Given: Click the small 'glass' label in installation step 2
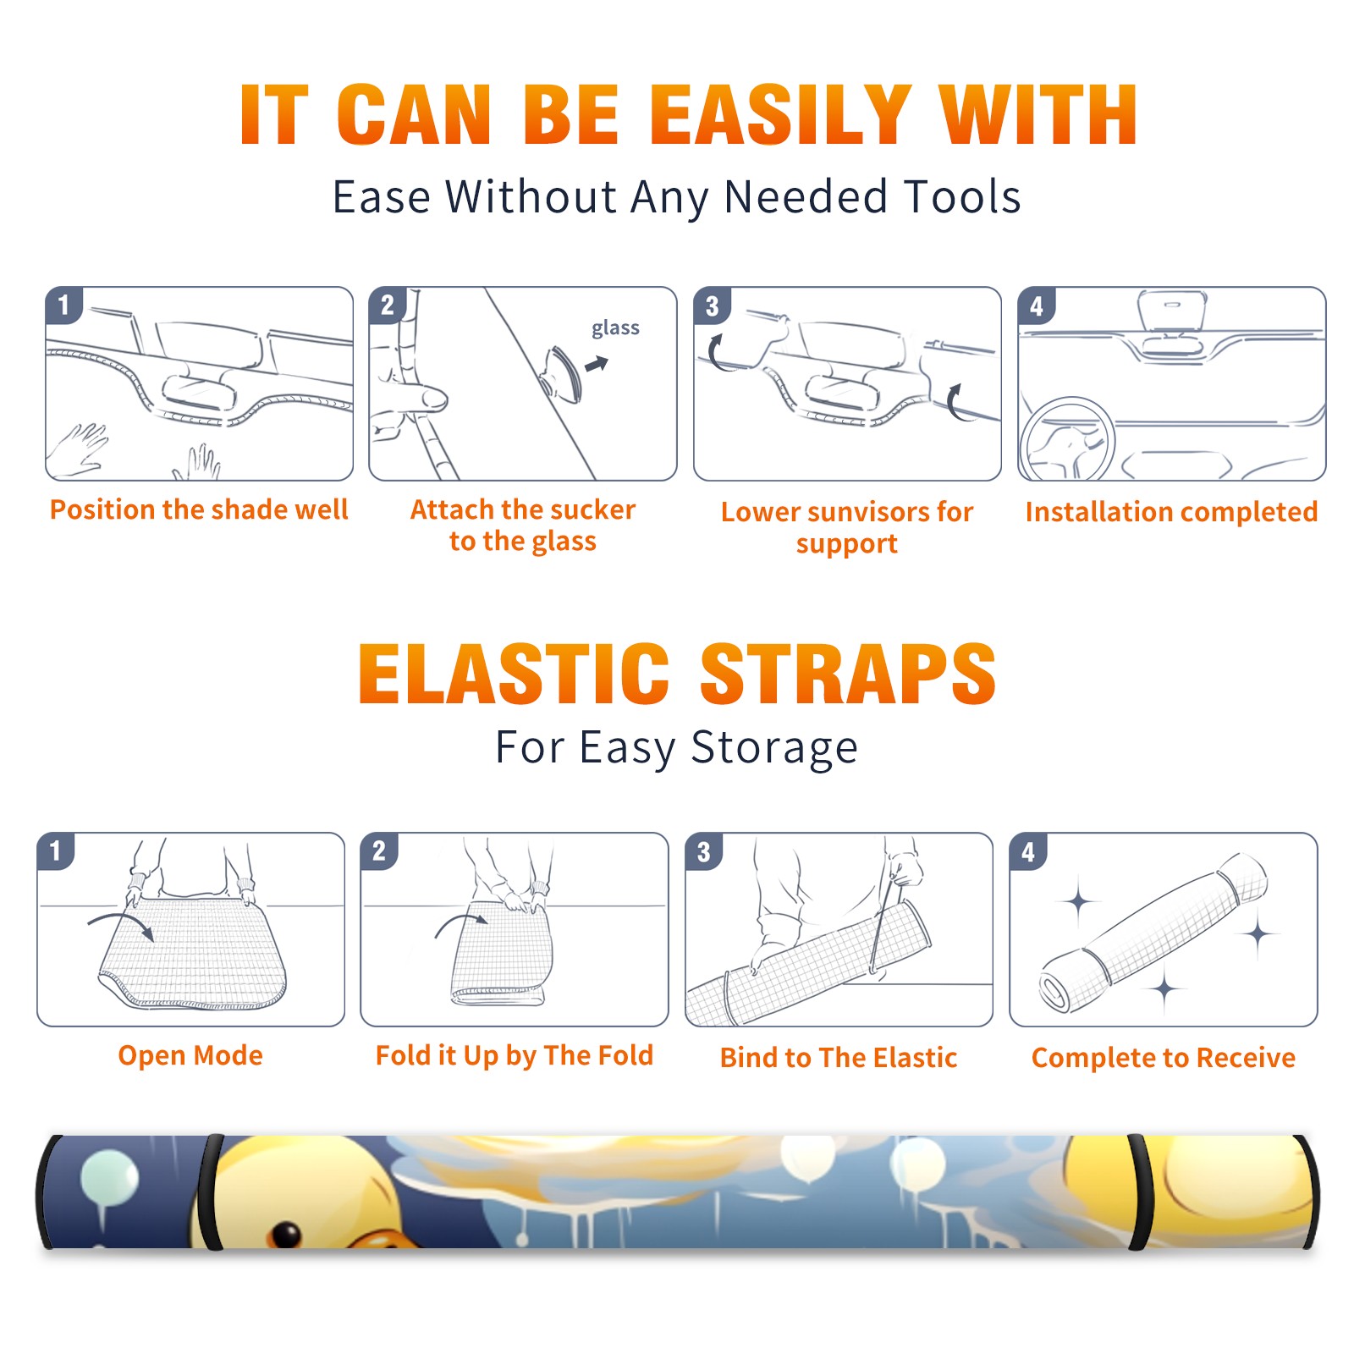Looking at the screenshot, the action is click(x=615, y=328).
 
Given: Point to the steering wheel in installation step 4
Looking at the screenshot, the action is click(x=1067, y=438).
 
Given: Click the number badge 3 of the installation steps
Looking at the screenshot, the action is click(x=712, y=305).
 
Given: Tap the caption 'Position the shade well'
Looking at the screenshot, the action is click(x=199, y=509).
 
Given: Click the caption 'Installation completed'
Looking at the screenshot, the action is click(x=1171, y=511).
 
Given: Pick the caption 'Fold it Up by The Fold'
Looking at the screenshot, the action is click(x=515, y=1056).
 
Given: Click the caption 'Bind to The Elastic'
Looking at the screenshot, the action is click(x=839, y=1058).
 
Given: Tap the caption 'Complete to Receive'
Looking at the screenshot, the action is click(x=1164, y=1058).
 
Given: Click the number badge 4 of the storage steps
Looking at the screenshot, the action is click(x=1028, y=851).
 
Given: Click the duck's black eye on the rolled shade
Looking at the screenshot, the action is click(x=287, y=1235).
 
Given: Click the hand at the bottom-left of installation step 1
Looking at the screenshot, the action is click(x=78, y=449).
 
